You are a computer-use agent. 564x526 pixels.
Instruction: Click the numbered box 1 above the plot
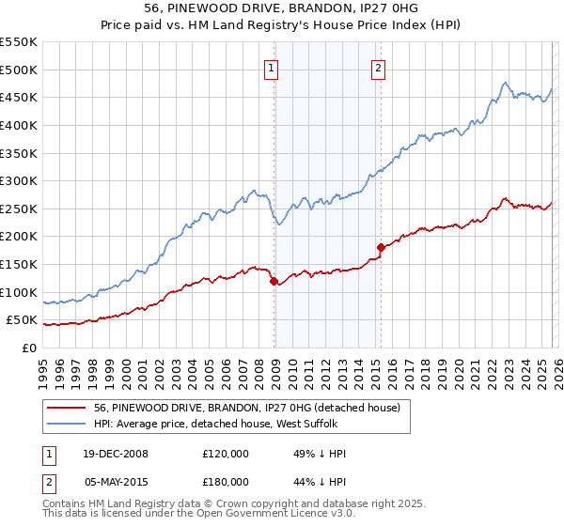(271, 68)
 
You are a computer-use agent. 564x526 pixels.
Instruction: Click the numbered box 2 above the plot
(378, 68)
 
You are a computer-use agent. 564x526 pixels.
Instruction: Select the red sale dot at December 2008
(274, 281)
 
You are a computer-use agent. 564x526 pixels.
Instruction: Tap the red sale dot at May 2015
(381, 247)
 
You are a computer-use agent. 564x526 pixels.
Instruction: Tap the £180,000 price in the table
(225, 481)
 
